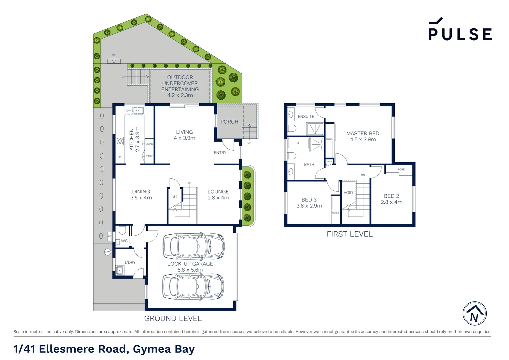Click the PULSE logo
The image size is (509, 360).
coord(460,30)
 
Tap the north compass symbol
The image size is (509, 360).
coord(474,314)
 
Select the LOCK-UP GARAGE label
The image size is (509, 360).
coord(190,264)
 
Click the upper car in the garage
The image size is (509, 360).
coord(194,246)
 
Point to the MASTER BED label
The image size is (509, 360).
coord(363,133)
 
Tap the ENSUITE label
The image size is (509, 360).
coord(306,116)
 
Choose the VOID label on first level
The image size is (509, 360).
coord(348,193)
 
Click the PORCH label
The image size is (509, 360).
coord(229,122)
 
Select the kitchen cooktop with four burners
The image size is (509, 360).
coord(120,141)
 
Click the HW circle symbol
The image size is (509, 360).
coord(107,252)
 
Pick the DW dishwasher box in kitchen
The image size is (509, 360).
coord(129,111)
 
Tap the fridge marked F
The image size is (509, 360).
coord(120,158)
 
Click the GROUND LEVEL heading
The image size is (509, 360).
coord(173,319)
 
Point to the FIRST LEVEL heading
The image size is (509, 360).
coord(349,234)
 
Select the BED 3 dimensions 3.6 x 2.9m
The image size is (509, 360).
coord(309,206)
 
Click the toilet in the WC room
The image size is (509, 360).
coord(122,230)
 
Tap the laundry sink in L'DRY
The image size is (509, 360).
coord(119,270)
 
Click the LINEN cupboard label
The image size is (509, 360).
coord(329,162)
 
